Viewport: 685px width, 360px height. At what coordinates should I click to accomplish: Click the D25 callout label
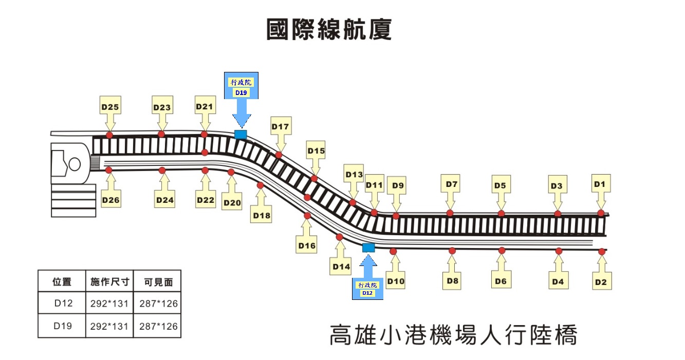pyautogui.click(x=109, y=107)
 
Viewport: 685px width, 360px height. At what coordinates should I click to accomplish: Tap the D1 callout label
pyautogui.click(x=600, y=184)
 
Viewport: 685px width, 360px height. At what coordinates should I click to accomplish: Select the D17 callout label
pyautogui.click(x=281, y=126)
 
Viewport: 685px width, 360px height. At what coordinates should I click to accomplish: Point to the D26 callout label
pyautogui.click(x=110, y=200)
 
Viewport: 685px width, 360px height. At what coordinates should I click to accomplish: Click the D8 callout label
pyautogui.click(x=452, y=281)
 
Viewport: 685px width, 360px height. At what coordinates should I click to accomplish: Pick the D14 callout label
pyautogui.click(x=341, y=266)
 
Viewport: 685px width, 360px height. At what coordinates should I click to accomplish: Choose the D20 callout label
pyautogui.click(x=232, y=203)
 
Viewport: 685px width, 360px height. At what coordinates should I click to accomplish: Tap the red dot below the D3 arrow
pyautogui.click(x=558, y=213)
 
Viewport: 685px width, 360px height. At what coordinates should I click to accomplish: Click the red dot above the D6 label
pyautogui.click(x=502, y=251)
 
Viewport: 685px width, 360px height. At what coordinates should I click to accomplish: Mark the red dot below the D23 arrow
pyautogui.click(x=161, y=134)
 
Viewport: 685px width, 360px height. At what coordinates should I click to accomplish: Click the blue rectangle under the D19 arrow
pyautogui.click(x=240, y=135)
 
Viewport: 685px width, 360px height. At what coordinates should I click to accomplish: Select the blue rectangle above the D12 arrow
pyautogui.click(x=368, y=248)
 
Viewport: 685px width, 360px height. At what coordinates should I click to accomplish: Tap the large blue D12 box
pyautogui.click(x=367, y=289)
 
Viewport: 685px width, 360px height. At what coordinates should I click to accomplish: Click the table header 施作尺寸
pyautogui.click(x=109, y=281)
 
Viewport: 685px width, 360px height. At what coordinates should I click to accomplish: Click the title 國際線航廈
pyautogui.click(x=329, y=30)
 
